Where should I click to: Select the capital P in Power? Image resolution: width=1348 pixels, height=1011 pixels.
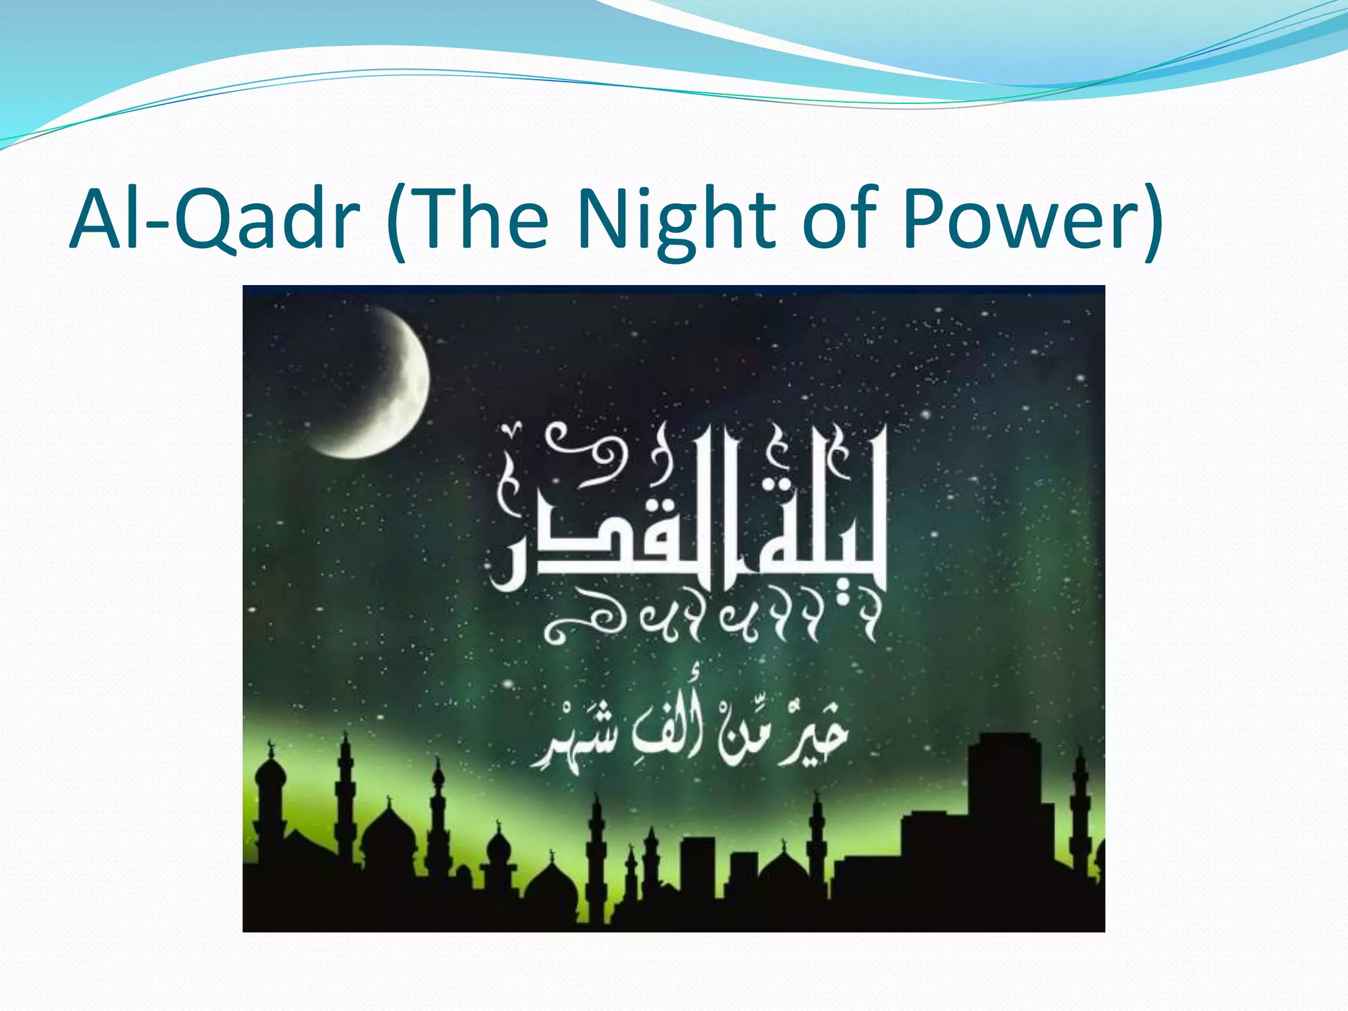pos(924,219)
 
